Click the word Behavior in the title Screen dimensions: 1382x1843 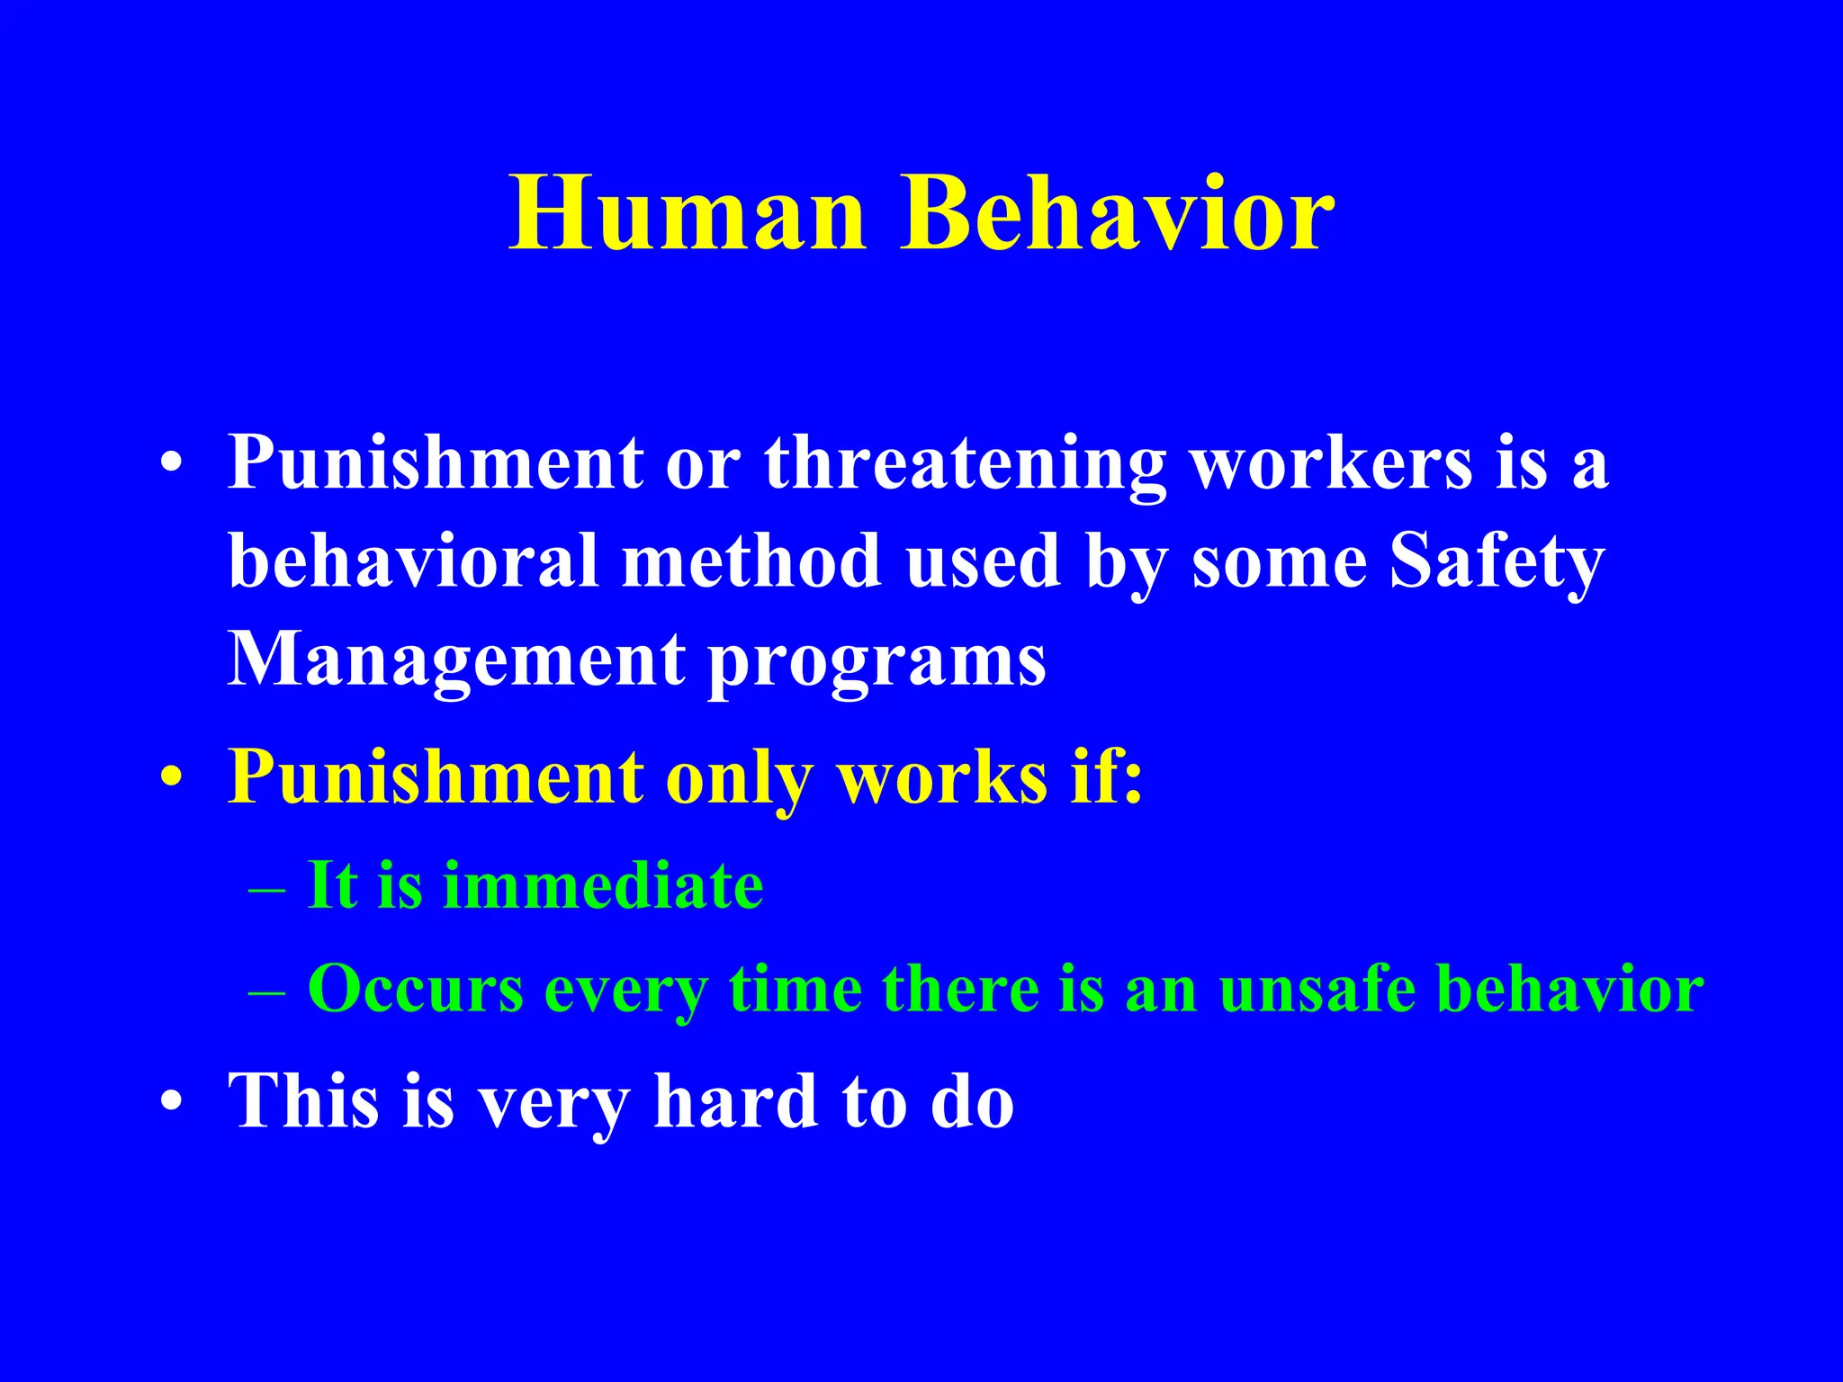[x=1117, y=214]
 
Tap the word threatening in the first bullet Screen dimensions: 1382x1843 [x=965, y=463]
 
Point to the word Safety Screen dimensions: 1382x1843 [x=1497, y=561]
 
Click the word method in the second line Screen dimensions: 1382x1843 [x=751, y=561]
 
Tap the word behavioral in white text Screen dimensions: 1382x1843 [x=413, y=561]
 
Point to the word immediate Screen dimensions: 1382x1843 [x=603, y=885]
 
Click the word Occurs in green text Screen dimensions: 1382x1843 [x=416, y=989]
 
